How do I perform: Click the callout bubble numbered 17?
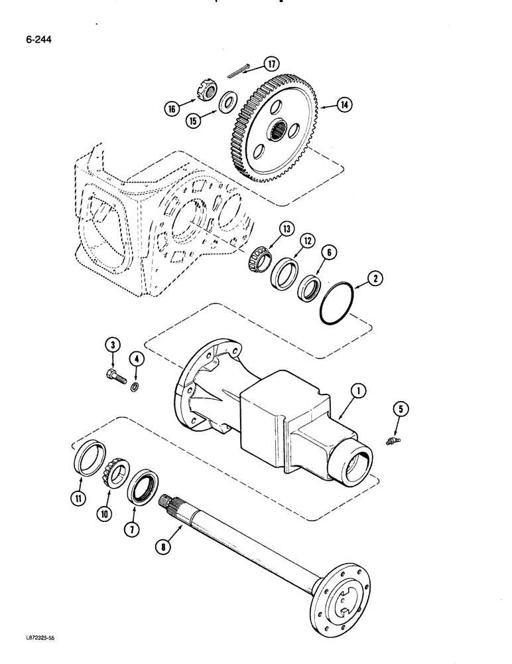click(x=271, y=64)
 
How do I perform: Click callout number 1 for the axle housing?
click(x=357, y=392)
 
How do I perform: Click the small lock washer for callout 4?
click(x=135, y=386)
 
